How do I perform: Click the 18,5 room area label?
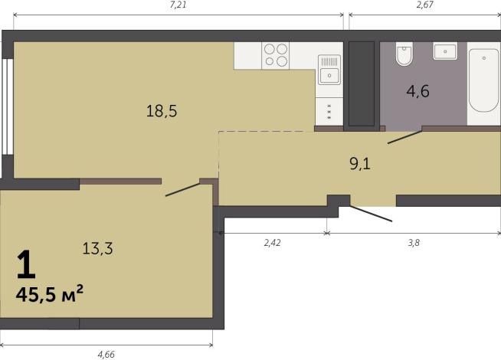point(162,111)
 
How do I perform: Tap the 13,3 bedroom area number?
point(97,248)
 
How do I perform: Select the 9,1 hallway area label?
point(360,164)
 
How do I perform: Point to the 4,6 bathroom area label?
point(418,91)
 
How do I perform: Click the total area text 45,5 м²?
point(50,293)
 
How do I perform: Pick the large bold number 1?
point(26,264)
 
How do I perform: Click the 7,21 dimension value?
point(178,5)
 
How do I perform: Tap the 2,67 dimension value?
point(425,5)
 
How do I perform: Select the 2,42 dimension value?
point(272,243)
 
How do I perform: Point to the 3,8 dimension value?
point(414,243)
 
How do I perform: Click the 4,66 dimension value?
point(106,355)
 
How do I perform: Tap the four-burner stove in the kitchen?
point(276,56)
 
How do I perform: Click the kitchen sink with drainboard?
point(329,70)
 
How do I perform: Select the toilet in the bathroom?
point(404,54)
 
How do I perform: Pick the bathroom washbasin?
point(445,51)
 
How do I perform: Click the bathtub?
point(483,80)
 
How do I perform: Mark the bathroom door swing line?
point(404,137)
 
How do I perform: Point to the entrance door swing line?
point(371,214)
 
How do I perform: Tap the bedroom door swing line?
point(183,190)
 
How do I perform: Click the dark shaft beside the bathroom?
point(362,83)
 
